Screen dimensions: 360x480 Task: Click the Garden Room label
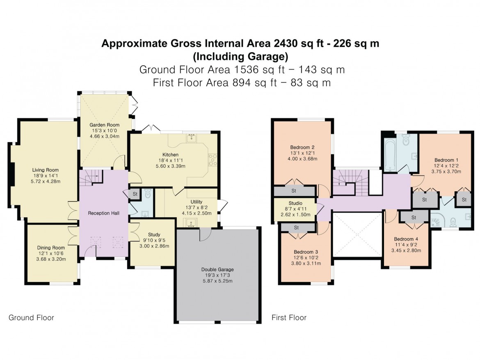tap(105, 125)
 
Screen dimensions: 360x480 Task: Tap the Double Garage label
tap(217, 269)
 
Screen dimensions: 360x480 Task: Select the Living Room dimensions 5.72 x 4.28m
tap(46, 181)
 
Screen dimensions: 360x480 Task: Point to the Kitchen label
tap(170, 154)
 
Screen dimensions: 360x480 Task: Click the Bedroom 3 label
tap(306, 252)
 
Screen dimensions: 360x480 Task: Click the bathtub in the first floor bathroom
tap(389, 154)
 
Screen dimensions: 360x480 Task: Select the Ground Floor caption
tap(31, 317)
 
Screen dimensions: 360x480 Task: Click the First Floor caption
tap(289, 317)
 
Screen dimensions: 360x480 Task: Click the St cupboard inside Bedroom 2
tap(294, 191)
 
